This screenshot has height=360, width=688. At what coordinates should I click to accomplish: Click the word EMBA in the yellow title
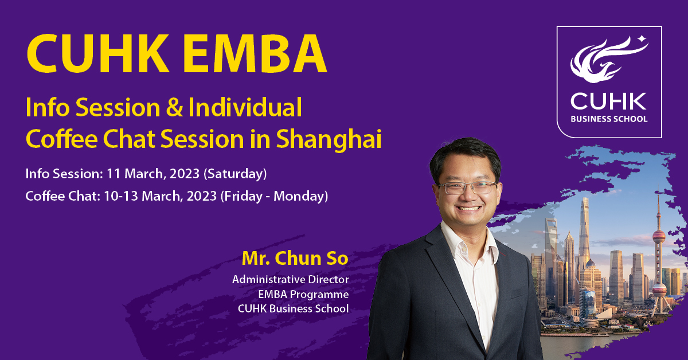pyautogui.click(x=255, y=53)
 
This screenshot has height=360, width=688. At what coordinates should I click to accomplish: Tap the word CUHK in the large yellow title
pyautogui.click(x=98, y=53)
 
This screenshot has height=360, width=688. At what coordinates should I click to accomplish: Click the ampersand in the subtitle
pyautogui.click(x=174, y=108)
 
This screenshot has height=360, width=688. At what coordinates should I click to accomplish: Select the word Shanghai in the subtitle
pyautogui.click(x=329, y=140)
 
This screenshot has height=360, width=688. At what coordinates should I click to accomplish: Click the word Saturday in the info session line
pyautogui.click(x=235, y=174)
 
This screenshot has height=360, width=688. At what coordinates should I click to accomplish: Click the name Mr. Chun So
pyautogui.click(x=295, y=259)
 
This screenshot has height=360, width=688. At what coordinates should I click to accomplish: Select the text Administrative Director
pyautogui.click(x=291, y=280)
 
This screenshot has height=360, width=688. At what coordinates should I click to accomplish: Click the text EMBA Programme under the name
pyautogui.click(x=303, y=294)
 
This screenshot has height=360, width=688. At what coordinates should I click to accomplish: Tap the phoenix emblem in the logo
pyautogui.click(x=607, y=61)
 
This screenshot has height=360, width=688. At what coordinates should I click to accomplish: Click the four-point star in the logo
pyautogui.click(x=642, y=39)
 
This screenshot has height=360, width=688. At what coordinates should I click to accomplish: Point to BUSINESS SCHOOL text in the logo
pyautogui.click(x=609, y=119)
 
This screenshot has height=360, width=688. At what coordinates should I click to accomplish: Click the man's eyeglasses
pyautogui.click(x=468, y=187)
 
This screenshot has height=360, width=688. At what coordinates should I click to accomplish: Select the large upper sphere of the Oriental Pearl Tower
pyautogui.click(x=659, y=237)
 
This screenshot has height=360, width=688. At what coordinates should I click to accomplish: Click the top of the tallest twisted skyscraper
pyautogui.click(x=585, y=199)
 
